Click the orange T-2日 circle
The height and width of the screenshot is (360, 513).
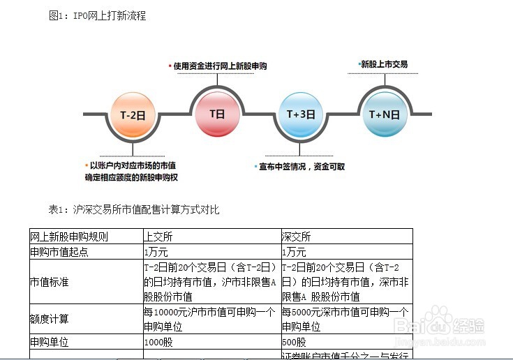(x=132, y=114)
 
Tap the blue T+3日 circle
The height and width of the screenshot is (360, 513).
(x=301, y=114)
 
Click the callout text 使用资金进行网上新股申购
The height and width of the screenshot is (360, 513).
(x=220, y=66)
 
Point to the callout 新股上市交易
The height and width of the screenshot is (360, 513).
(x=383, y=64)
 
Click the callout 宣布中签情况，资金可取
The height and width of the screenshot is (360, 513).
(x=302, y=167)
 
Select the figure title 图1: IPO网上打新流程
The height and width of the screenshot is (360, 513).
(x=98, y=15)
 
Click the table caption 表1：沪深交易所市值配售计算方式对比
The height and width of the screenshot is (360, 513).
(x=134, y=209)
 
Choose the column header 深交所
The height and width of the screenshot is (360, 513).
(x=297, y=237)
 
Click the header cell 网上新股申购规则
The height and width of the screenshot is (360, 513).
(x=69, y=237)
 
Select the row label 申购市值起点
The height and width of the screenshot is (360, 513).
(x=59, y=252)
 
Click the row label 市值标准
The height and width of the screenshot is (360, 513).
(x=49, y=282)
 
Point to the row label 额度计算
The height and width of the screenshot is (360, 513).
(x=49, y=319)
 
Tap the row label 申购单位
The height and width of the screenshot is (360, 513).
(x=49, y=343)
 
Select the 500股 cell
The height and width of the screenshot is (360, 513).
(x=294, y=343)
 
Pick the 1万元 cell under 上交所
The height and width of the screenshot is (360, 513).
(x=156, y=252)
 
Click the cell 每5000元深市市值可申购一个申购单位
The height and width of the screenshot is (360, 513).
(x=345, y=319)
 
